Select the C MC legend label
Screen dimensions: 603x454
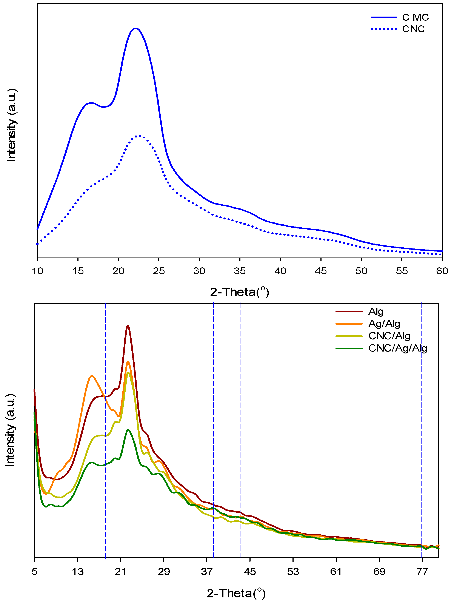415,17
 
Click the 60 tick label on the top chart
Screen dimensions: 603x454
442,271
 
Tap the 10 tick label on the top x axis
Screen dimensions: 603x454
38,271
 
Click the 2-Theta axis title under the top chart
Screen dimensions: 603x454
239,292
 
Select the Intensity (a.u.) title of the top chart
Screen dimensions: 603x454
11,125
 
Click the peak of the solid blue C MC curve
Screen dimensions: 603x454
135,28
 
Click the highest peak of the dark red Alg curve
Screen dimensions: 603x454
128,326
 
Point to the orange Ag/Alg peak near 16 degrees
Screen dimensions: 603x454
92,376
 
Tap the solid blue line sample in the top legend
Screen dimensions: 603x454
383,17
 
